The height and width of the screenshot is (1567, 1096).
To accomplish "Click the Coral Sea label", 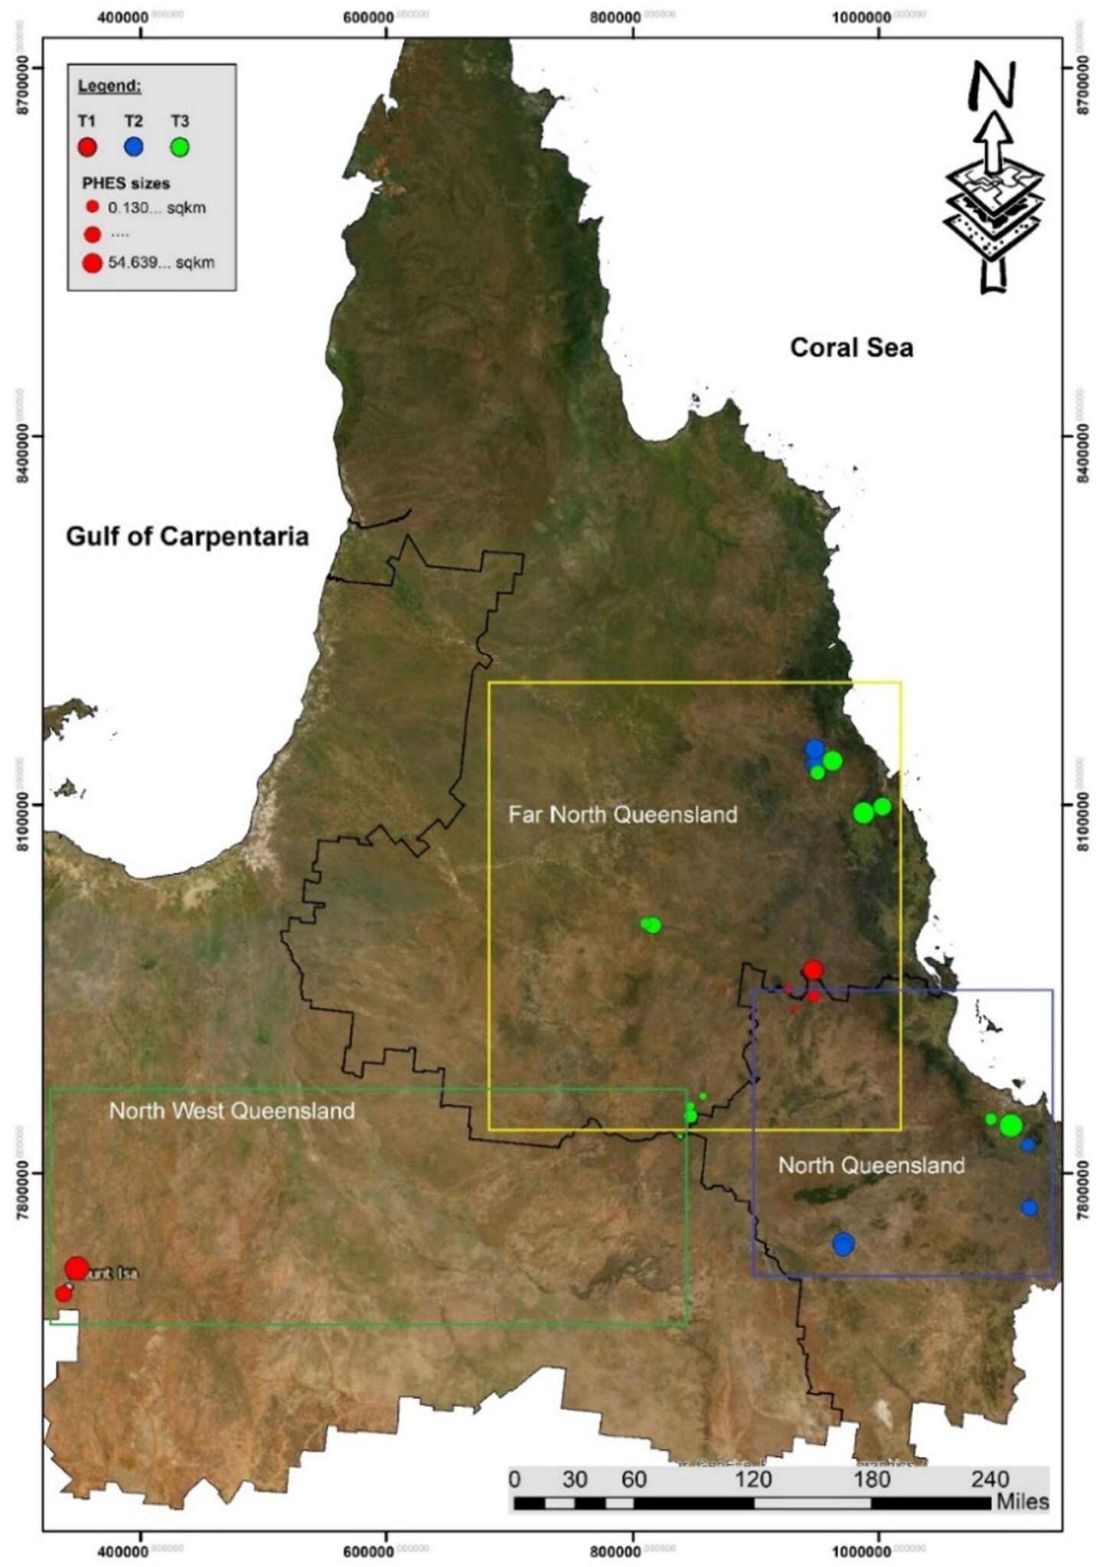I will (851, 347).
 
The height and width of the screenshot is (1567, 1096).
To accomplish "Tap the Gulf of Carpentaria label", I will (188, 536).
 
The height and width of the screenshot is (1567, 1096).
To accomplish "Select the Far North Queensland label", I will (623, 814).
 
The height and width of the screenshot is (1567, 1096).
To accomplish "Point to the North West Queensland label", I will (232, 1110).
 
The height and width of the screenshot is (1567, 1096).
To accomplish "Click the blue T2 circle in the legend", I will (133, 147).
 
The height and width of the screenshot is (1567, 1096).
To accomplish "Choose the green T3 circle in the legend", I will (179, 147).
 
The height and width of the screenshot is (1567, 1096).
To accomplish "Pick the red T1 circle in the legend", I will (87, 147).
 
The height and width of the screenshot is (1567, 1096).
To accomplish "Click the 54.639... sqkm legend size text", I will (161, 263).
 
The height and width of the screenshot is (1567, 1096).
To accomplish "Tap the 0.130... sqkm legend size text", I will (156, 207).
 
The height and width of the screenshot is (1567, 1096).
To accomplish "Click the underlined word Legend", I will (109, 86).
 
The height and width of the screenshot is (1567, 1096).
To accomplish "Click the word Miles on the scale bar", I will (1022, 1501).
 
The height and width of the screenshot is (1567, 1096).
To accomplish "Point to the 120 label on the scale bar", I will (754, 1480).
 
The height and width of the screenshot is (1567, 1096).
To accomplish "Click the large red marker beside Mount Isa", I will (77, 1268).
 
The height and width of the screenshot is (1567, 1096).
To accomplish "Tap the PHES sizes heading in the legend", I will (126, 184).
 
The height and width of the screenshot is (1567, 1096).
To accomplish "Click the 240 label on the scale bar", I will (990, 1480).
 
